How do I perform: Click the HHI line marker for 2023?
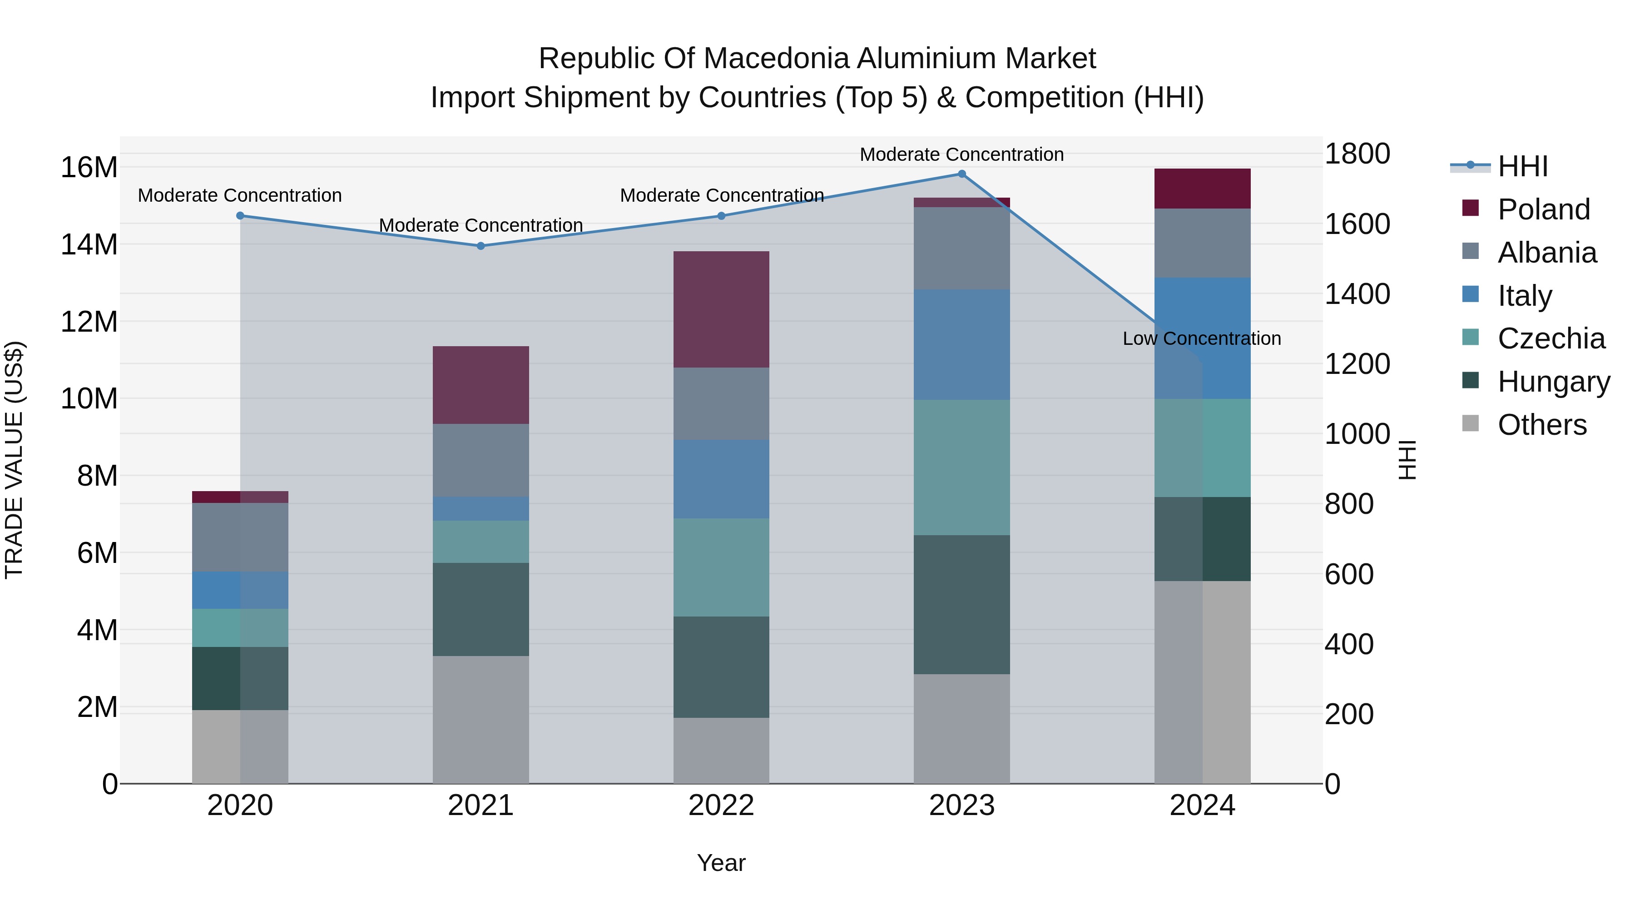tap(961, 174)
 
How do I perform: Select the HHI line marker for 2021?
tap(481, 246)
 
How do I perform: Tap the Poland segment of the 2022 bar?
tap(721, 309)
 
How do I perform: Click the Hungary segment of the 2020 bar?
tap(240, 678)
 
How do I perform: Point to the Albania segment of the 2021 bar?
tap(481, 460)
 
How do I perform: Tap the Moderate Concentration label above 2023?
tap(961, 154)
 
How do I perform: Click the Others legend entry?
tap(1542, 425)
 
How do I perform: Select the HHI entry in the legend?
tap(1522, 166)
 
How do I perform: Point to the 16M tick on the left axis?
tap(89, 168)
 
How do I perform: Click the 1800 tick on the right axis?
tap(1357, 154)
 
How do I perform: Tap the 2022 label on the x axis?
tap(721, 806)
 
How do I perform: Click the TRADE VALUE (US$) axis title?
tap(14, 460)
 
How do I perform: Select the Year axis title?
tap(721, 863)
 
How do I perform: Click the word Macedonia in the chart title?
tap(779, 59)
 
